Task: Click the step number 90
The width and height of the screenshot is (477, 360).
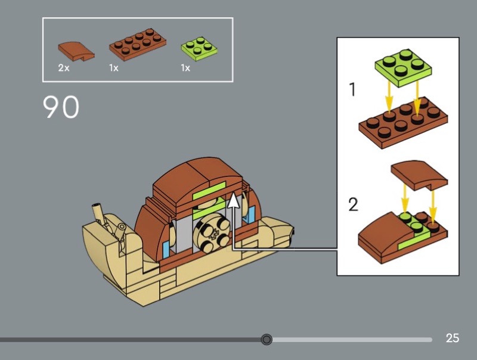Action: click(x=61, y=107)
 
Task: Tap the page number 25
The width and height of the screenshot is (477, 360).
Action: click(x=453, y=339)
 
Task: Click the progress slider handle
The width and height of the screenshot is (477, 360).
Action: click(x=267, y=340)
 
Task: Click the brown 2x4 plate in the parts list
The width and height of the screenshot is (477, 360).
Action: click(x=137, y=46)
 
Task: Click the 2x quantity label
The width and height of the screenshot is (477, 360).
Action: click(x=64, y=68)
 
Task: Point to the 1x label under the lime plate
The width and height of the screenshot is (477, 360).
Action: click(x=185, y=68)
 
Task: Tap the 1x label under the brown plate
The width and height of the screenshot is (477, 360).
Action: click(x=114, y=68)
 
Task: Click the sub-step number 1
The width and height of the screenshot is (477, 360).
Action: click(x=352, y=90)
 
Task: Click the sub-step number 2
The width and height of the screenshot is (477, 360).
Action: click(x=354, y=205)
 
